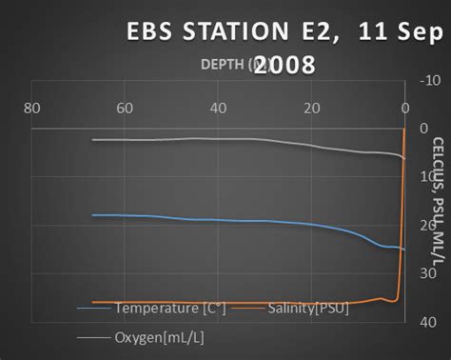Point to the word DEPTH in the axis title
pos(224,65)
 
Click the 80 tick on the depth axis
pos(31,108)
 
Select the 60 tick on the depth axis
pos(125,108)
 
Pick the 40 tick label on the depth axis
pos(218,108)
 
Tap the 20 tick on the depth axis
pos(311,108)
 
